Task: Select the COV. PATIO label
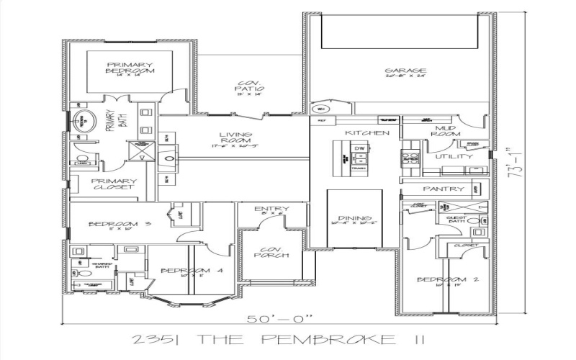[x=247, y=86]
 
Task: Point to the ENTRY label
[x=271, y=210]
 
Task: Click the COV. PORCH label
[x=271, y=251]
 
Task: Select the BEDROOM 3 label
[x=119, y=225]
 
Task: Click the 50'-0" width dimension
[x=284, y=318]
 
